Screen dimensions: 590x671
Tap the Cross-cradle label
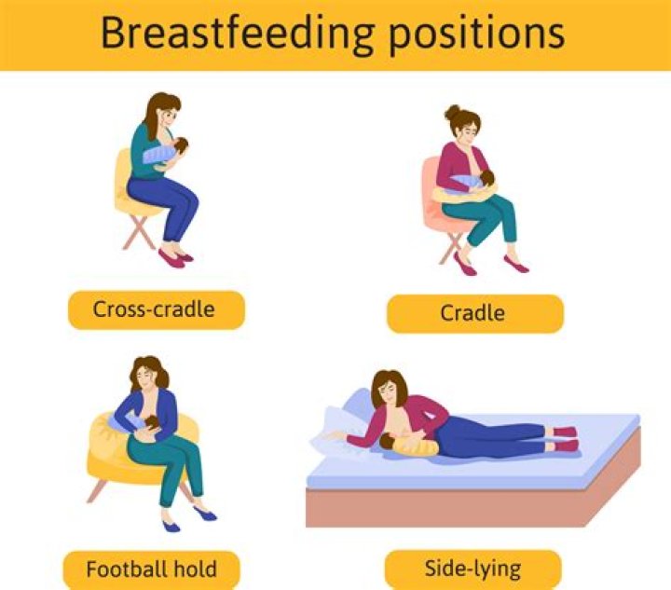click(x=156, y=309)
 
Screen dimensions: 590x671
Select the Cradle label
click(x=474, y=313)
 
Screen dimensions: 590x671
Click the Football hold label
click(x=151, y=569)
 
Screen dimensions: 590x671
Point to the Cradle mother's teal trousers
click(x=480, y=219)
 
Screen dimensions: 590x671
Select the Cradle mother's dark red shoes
click(x=466, y=266)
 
